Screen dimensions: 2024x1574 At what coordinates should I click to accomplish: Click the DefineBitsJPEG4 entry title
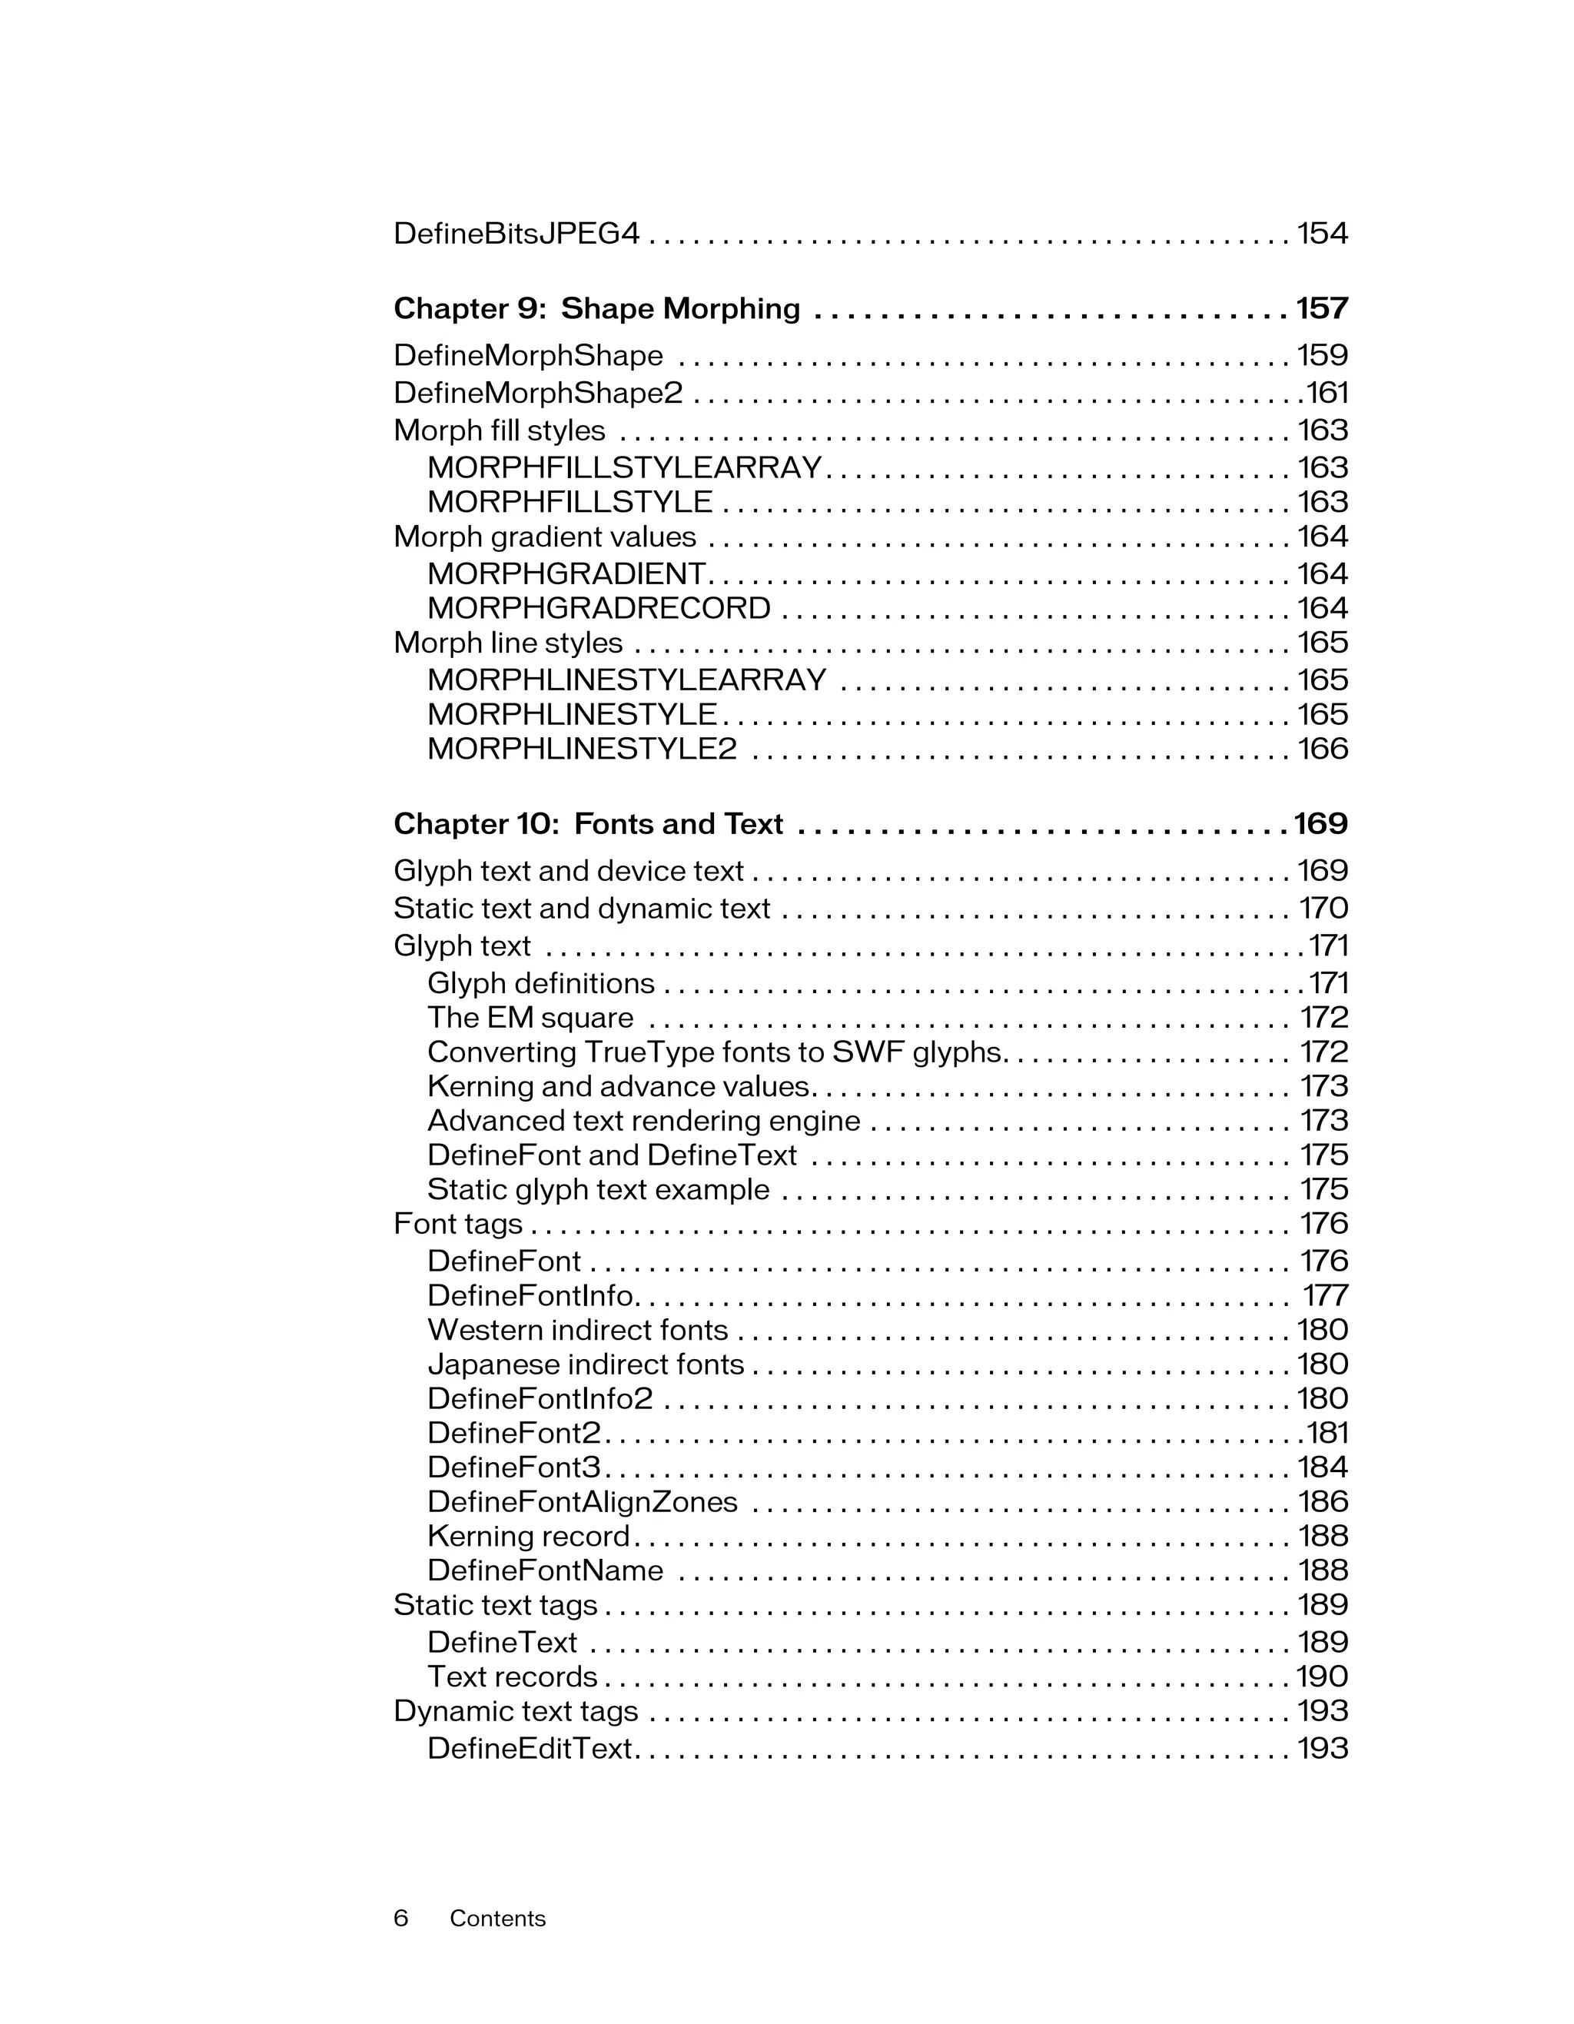[x=516, y=234]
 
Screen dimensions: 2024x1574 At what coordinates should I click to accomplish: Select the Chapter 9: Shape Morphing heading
[x=596, y=308]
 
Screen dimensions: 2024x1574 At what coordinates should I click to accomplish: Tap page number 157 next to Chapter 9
[x=1321, y=308]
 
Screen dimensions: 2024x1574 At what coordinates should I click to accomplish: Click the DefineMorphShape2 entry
[x=537, y=393]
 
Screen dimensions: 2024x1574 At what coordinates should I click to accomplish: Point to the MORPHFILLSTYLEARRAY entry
[x=624, y=467]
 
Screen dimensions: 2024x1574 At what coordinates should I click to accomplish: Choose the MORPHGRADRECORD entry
[x=599, y=608]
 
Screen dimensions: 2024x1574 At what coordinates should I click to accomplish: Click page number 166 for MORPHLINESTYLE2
[x=1322, y=749]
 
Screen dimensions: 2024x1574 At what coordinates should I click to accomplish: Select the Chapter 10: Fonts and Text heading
[x=588, y=824]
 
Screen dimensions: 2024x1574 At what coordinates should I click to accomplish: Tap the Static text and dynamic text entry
[x=581, y=908]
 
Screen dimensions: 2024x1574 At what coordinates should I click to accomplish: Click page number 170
[x=1323, y=908]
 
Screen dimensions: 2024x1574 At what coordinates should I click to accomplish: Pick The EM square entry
[x=530, y=1018]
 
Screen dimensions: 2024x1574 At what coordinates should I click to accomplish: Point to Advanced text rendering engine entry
[x=643, y=1121]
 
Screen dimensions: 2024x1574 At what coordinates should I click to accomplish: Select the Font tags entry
[x=457, y=1225]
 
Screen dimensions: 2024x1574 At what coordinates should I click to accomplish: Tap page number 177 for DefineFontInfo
[x=1325, y=1295]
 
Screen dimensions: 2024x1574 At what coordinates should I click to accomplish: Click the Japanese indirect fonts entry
[x=586, y=1364]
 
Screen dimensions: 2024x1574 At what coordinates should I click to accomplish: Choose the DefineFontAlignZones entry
[x=582, y=1501]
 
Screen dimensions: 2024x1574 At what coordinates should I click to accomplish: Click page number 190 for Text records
[x=1321, y=1677]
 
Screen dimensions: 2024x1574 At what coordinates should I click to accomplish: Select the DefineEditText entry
[x=529, y=1749]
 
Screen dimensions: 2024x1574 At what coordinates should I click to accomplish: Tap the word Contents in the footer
[x=497, y=1919]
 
